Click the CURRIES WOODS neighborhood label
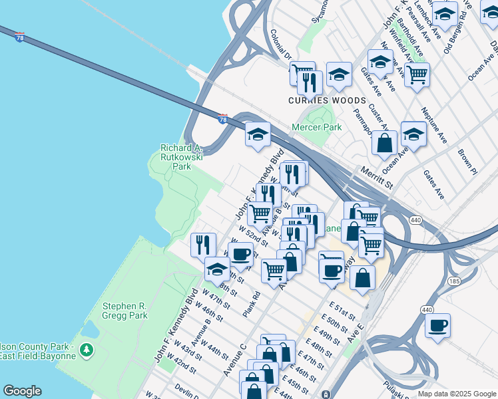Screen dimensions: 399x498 [327, 100]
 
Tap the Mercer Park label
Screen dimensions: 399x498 [317, 126]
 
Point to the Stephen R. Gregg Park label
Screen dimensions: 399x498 [124, 311]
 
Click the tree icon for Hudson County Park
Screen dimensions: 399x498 [85, 348]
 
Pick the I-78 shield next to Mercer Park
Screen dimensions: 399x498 [223, 118]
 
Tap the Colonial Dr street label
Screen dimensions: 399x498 [282, 45]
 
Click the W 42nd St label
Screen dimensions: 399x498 [181, 363]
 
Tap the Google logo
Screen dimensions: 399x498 [22, 391]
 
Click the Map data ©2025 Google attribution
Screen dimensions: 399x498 [456, 394]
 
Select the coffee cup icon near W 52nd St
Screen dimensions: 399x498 [240, 254]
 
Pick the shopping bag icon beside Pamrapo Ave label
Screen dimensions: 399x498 [385, 142]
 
